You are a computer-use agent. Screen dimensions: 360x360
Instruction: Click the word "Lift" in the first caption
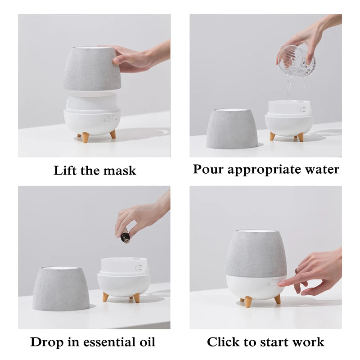click(x=64, y=171)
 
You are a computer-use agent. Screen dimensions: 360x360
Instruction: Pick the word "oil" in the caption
click(x=145, y=342)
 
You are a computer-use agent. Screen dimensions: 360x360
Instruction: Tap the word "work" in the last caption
click(x=307, y=342)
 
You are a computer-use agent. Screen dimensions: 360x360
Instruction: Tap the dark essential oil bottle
click(x=125, y=235)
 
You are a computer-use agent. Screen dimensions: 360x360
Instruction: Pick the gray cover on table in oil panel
click(x=61, y=288)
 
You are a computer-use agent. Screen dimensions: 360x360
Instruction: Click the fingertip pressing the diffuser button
click(x=281, y=284)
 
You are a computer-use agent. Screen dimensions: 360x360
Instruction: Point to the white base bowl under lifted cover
click(x=92, y=120)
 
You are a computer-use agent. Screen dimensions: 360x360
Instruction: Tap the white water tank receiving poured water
click(x=289, y=108)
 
